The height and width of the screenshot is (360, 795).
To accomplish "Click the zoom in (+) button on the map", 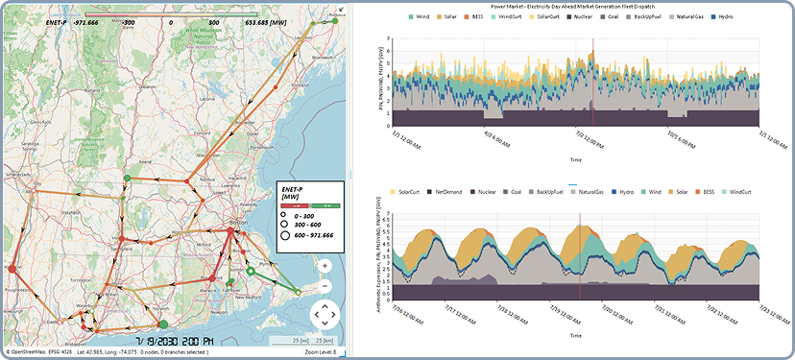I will [x=325, y=266].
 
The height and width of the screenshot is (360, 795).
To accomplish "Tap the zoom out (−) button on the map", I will [x=325, y=286].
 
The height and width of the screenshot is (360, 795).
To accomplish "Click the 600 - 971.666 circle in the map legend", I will [x=287, y=235].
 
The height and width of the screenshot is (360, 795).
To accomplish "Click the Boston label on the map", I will [x=233, y=221].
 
